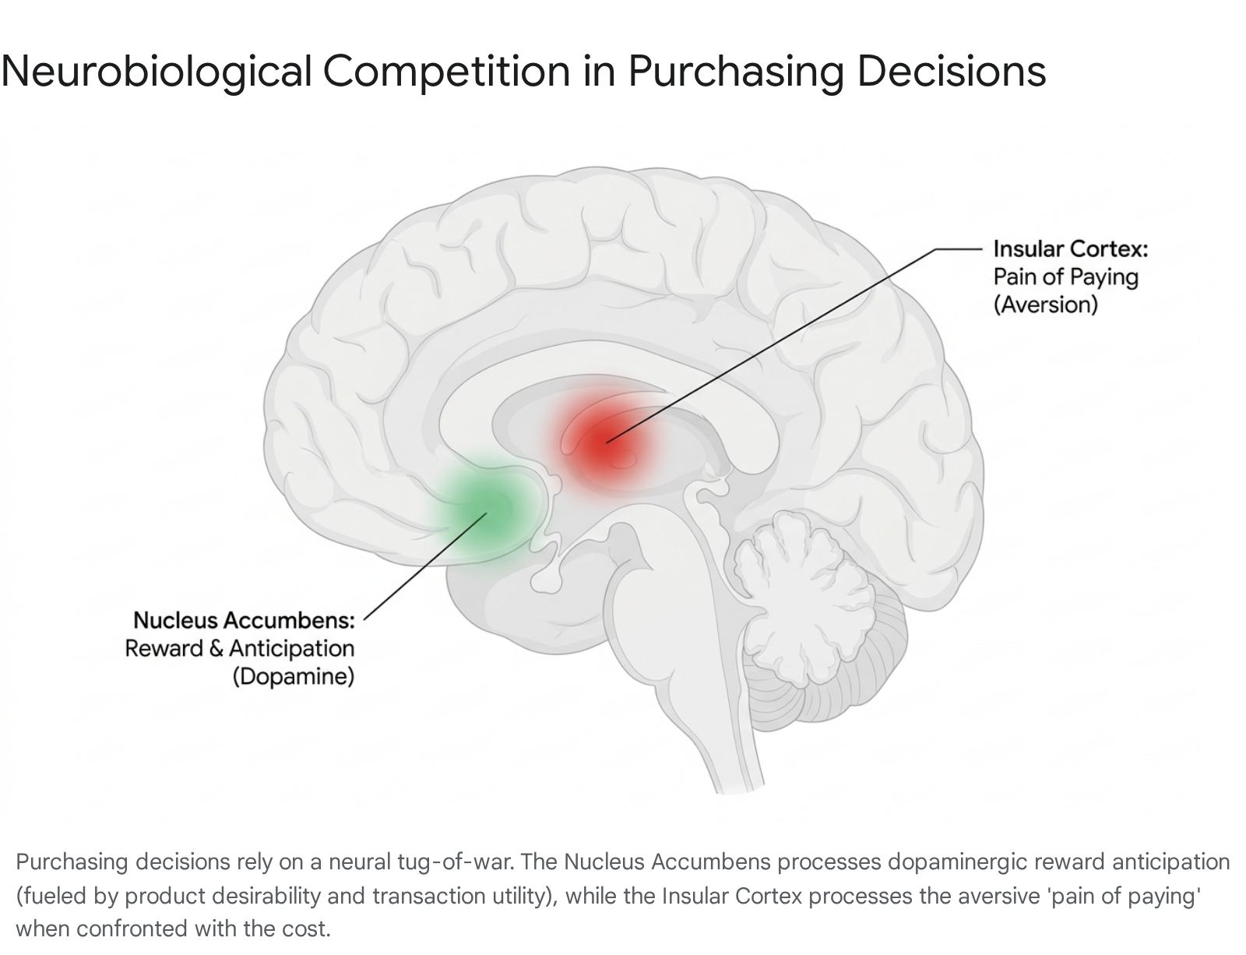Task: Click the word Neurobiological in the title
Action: (x=157, y=72)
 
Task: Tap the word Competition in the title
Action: (x=447, y=72)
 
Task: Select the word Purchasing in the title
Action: (x=736, y=72)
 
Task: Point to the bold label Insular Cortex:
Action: (x=1071, y=249)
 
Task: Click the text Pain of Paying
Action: (x=1066, y=277)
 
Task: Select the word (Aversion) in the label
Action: (x=1046, y=305)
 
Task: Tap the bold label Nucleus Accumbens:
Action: (x=245, y=620)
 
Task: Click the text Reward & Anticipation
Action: (x=240, y=648)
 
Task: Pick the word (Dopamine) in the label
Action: (x=294, y=676)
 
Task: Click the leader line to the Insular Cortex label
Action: (x=794, y=346)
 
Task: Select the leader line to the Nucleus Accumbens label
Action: (x=425, y=566)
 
